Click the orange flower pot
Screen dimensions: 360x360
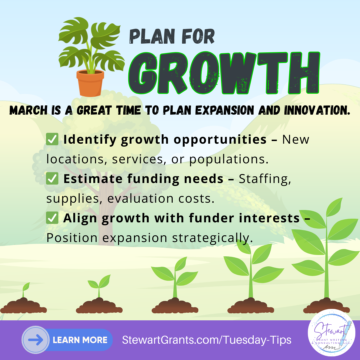coord(90,83)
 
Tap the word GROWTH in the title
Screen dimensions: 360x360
coord(224,73)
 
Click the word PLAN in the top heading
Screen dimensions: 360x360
coord(152,36)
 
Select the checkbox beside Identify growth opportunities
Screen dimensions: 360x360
coord(52,139)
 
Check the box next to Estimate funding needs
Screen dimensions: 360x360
coord(52,178)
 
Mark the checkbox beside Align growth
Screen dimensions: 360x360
coord(52,218)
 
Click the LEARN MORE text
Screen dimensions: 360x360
coord(80,340)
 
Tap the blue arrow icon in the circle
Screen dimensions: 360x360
coord(36,340)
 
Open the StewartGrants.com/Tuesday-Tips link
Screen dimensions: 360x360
coord(207,340)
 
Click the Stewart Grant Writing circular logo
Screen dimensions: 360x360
coord(331,332)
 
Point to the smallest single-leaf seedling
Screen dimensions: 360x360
coord(25,290)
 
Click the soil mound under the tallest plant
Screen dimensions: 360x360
coord(326,306)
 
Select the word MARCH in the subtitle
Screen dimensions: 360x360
coord(28,110)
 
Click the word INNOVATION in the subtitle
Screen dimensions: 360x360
coord(317,110)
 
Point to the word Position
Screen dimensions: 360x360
coord(72,238)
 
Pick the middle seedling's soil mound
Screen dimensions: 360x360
coord(175,306)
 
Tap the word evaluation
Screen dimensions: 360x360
coord(140,198)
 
